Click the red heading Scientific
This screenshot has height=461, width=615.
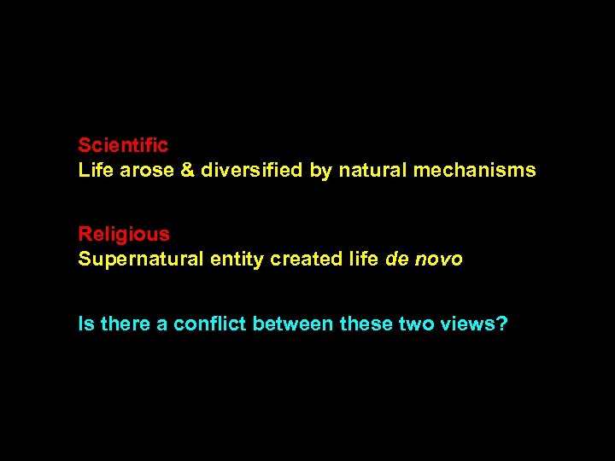[x=123, y=146]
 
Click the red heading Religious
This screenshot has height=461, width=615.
[x=124, y=234]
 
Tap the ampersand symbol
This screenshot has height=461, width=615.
[x=188, y=171]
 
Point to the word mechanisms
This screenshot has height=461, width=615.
[x=475, y=171]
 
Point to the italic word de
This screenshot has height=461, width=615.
[x=397, y=260]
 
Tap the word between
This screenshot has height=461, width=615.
[x=293, y=325]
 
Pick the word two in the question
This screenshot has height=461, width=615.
[x=416, y=325]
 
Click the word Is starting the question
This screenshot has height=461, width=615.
[x=86, y=325]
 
